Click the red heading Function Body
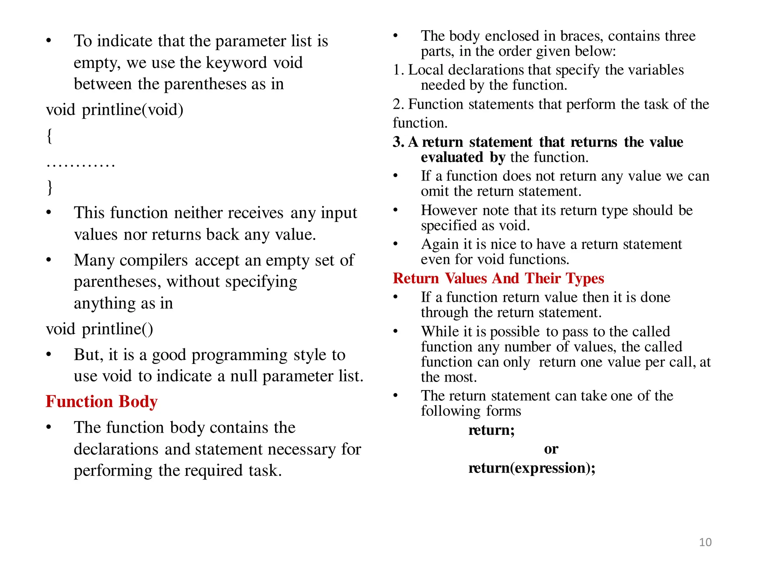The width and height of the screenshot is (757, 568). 102,402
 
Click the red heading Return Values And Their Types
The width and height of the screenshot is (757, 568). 498,278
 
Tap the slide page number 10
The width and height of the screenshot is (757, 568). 705,542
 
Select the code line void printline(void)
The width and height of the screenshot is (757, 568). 115,110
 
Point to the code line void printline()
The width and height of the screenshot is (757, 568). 99,329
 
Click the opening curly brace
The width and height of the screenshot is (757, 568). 50,136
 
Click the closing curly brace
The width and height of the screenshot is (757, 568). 50,187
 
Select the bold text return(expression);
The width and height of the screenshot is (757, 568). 532,468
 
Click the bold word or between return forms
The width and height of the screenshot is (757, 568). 551,449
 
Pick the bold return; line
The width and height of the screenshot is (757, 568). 492,430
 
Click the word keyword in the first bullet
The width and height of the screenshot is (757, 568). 236,62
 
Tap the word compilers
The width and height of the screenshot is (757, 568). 154,260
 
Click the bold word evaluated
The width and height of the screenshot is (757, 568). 452,158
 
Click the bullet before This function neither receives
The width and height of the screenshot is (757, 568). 49,213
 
